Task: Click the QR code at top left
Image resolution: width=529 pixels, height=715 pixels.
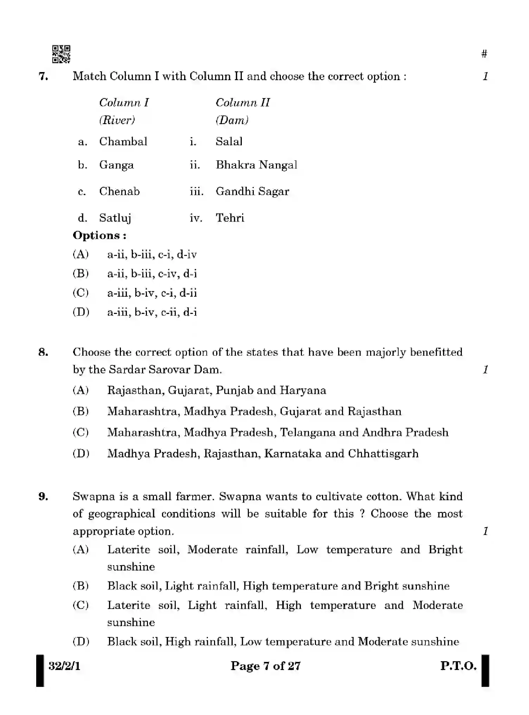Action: point(61,54)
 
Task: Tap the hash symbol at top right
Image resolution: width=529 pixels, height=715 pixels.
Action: point(484,54)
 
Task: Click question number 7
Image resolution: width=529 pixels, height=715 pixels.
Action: point(43,76)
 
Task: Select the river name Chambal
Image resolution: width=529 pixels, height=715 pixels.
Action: point(123,142)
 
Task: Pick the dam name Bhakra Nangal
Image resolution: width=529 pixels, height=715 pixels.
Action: point(256,165)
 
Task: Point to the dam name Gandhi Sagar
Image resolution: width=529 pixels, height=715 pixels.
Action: point(252,192)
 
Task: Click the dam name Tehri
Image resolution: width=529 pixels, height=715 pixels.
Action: point(230,218)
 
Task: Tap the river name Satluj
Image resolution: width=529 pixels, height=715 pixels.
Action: point(115,218)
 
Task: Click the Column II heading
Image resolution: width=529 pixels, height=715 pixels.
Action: point(243,103)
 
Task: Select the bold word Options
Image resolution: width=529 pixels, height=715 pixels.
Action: point(99,236)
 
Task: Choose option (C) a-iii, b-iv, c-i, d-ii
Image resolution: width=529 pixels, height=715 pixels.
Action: point(152,293)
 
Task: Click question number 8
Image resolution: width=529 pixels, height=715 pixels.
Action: point(43,352)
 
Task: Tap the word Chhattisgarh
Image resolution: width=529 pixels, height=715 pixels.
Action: point(383,454)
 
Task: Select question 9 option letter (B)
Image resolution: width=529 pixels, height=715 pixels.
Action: point(80,586)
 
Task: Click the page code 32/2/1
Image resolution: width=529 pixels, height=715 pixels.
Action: point(64,666)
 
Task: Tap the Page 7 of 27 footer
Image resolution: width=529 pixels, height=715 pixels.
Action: point(265,666)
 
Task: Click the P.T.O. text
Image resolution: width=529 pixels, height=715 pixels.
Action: point(458,666)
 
